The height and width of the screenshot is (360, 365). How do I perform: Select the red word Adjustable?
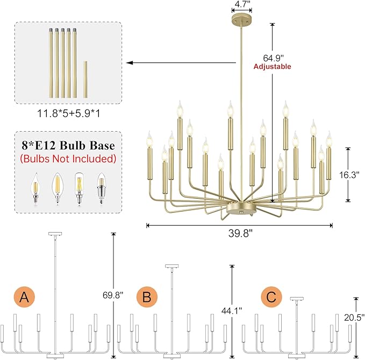pos(273,67)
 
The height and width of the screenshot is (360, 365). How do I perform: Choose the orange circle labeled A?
pos(24,297)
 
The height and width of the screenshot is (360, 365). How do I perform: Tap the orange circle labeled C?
pos(271,297)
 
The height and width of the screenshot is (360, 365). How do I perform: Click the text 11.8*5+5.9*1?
pos(69,113)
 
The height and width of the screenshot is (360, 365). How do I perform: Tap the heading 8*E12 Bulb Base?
pos(68,146)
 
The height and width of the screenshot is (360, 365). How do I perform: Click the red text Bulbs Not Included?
pos(68,159)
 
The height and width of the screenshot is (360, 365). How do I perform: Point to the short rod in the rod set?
pos(85,79)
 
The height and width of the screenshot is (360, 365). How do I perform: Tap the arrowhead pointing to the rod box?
pos(130,63)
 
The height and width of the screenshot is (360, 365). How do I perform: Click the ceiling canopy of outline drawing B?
pos(171,266)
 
